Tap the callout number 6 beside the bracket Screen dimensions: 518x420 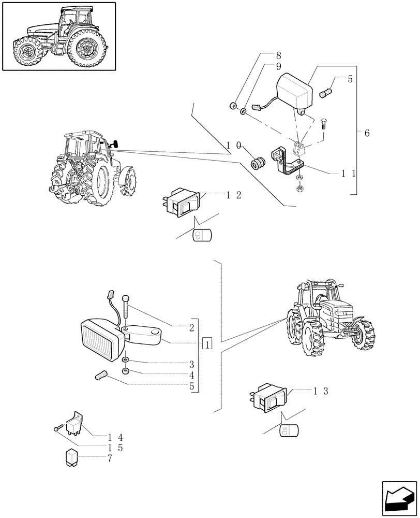click(x=367, y=134)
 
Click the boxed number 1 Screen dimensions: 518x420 click(x=207, y=343)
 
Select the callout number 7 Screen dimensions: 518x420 click(x=110, y=458)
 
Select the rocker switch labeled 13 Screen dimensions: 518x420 click(x=267, y=399)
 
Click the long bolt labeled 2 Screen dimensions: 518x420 click(x=126, y=310)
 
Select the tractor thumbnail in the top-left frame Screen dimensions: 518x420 click(x=58, y=36)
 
